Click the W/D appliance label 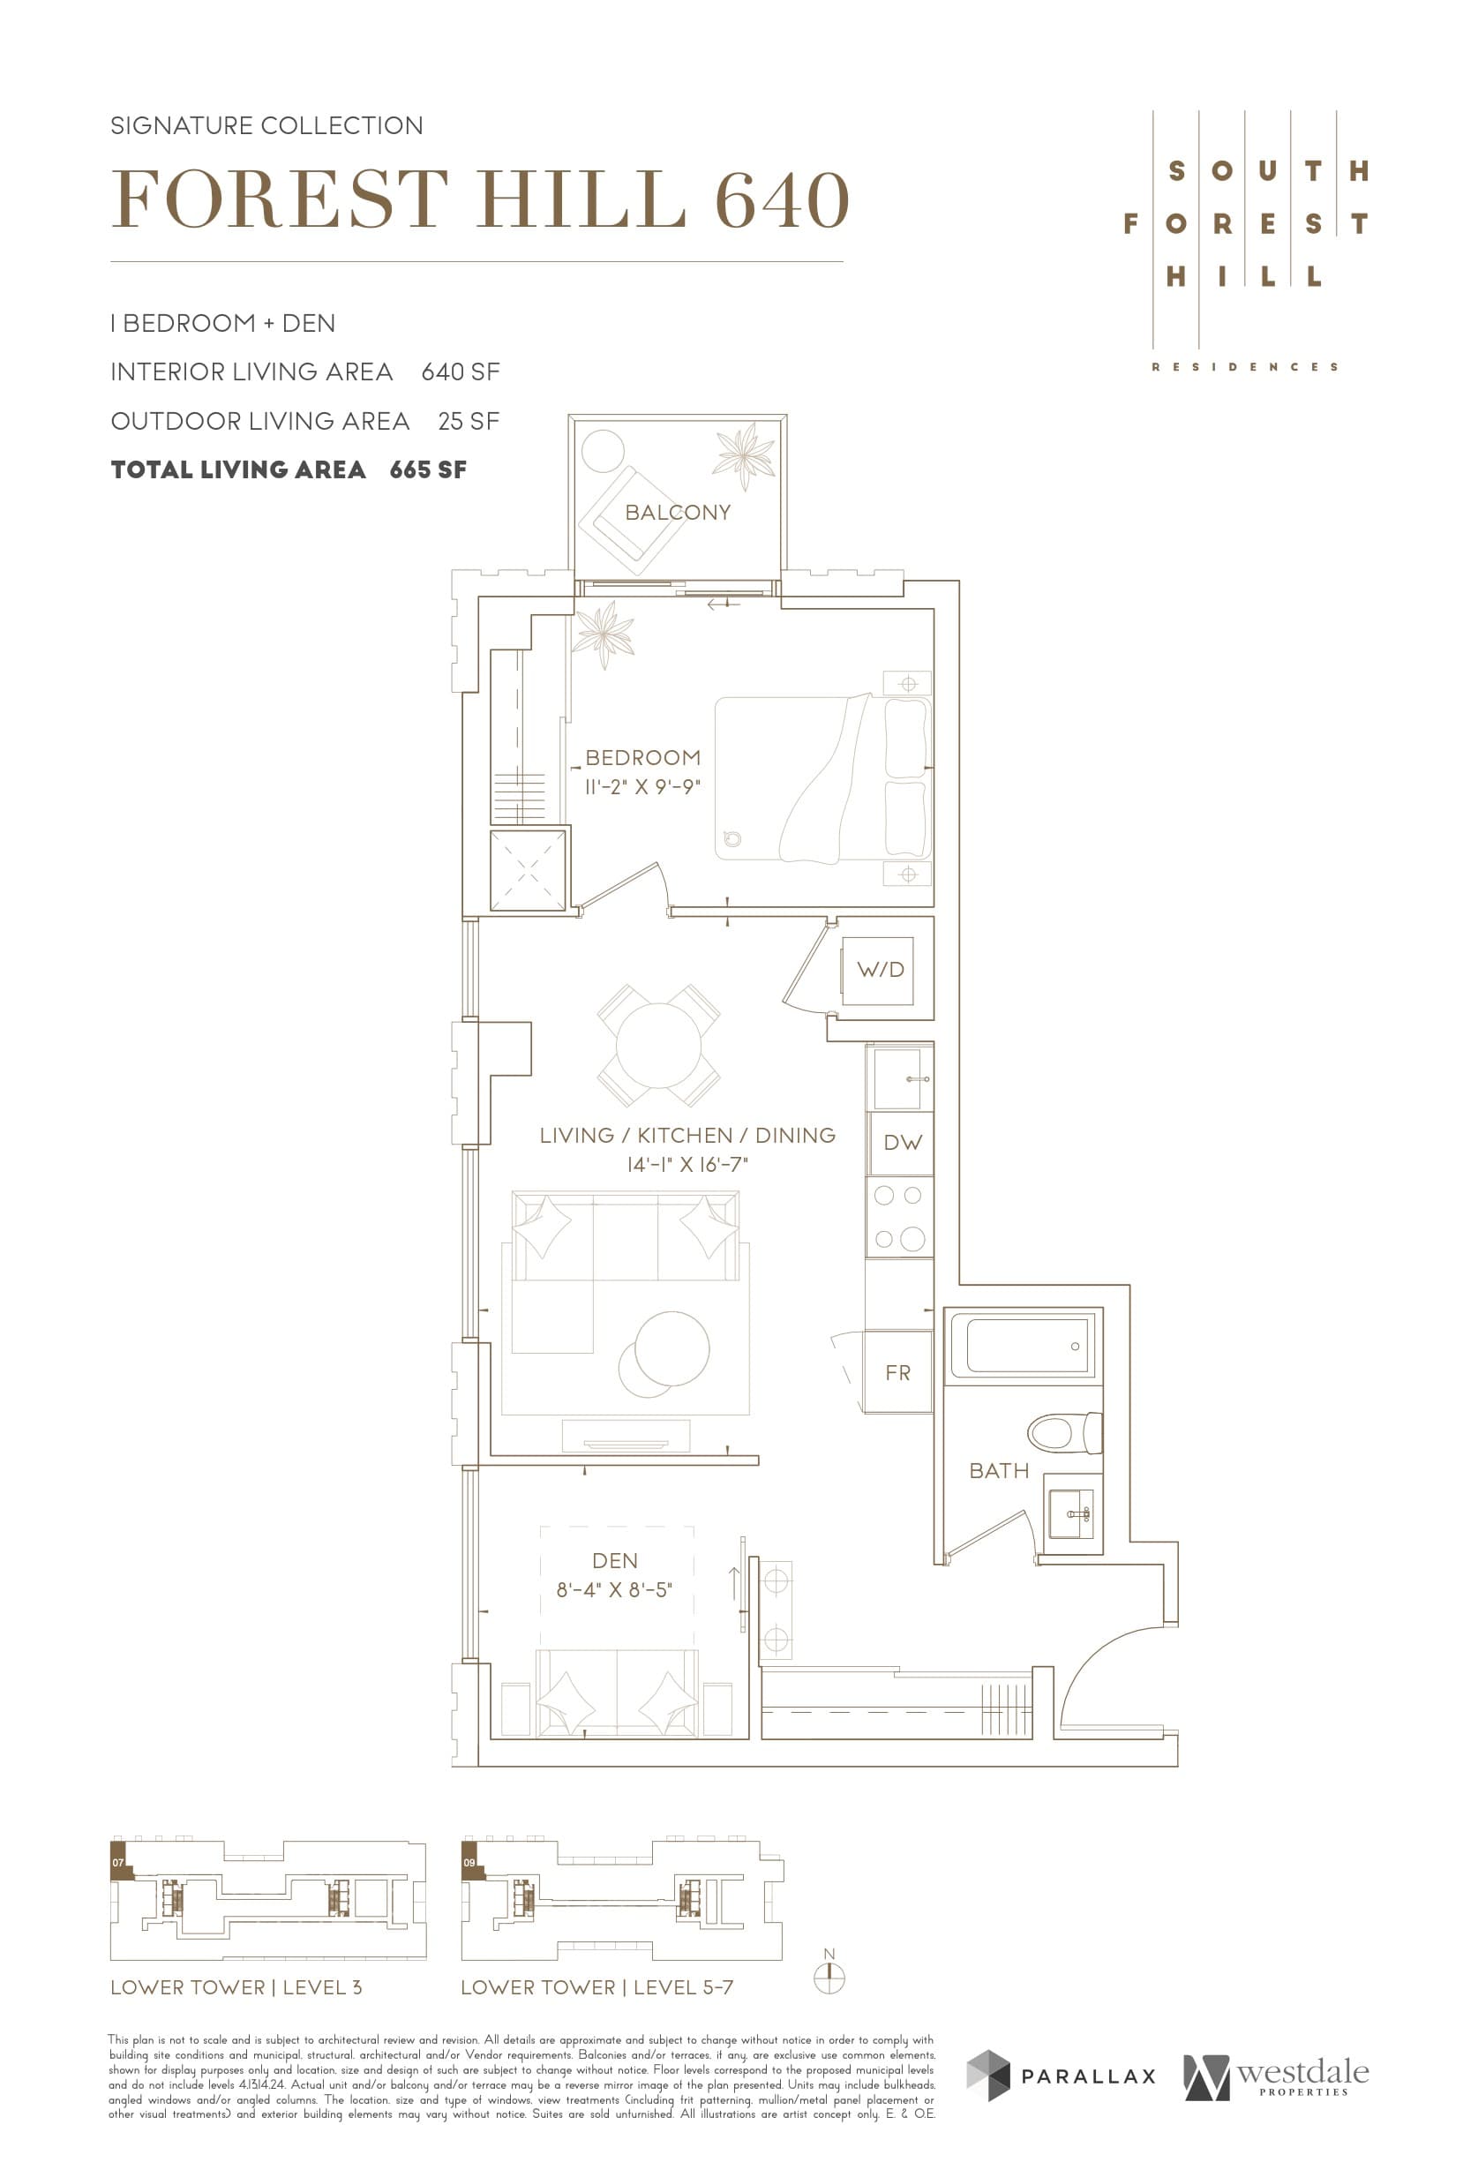tap(880, 969)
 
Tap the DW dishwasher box tap(901, 1143)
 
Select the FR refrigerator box tap(897, 1372)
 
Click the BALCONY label tap(677, 513)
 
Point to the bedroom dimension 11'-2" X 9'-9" tap(641, 787)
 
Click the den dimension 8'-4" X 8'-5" tap(614, 1590)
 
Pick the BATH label tap(999, 1471)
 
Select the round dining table tap(658, 1045)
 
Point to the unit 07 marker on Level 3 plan tap(119, 1864)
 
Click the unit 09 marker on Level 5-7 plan tap(469, 1864)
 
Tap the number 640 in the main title tap(781, 200)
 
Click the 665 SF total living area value tap(428, 469)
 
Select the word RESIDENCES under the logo tap(1244, 367)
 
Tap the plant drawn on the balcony tap(743, 453)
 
